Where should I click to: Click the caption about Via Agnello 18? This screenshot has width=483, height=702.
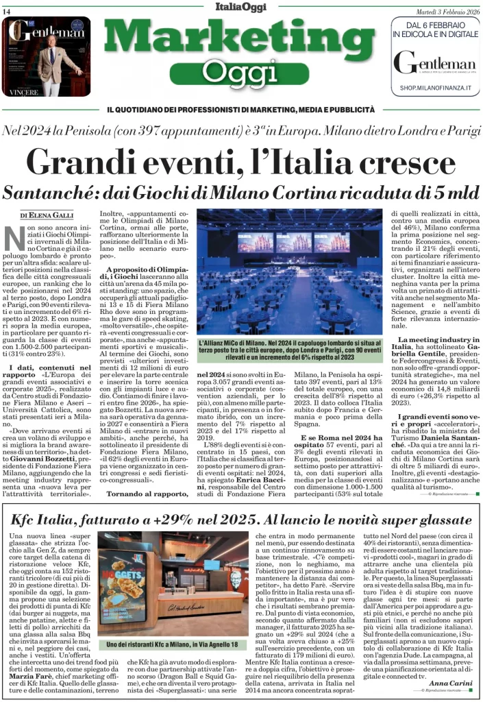click(171, 645)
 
